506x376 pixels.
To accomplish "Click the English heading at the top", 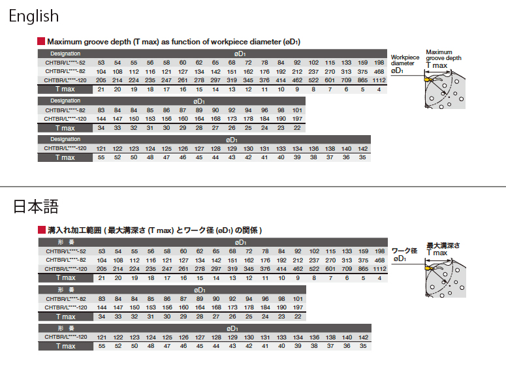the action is point(34,16).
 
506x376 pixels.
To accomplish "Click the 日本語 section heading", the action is point(36,206).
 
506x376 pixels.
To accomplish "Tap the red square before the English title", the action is point(41,41).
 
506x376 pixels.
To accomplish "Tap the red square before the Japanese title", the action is point(42,230).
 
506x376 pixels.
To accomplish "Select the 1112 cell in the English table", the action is point(379,80).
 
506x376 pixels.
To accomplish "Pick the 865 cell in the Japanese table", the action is point(363,269).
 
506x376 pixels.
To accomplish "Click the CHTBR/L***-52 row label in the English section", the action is point(65,63).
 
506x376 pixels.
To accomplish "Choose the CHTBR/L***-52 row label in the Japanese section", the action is point(66,251).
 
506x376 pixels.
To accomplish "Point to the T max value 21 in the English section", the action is point(101,89).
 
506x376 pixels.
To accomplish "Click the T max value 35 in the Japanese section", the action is point(363,346).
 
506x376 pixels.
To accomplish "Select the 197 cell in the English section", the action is point(297,119).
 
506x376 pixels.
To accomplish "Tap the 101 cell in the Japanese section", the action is point(298,299).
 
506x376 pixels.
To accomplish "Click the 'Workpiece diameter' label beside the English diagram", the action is point(405,60).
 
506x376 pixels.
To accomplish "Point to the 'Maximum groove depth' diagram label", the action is point(443,55).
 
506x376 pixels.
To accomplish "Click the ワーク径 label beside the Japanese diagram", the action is point(404,251).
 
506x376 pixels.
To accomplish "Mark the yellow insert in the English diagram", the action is point(428,78).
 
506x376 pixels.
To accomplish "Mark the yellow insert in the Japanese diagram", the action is point(429,268).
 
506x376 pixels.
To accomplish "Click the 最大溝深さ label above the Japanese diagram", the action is point(443,245).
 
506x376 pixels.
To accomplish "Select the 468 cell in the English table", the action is point(379,72).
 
